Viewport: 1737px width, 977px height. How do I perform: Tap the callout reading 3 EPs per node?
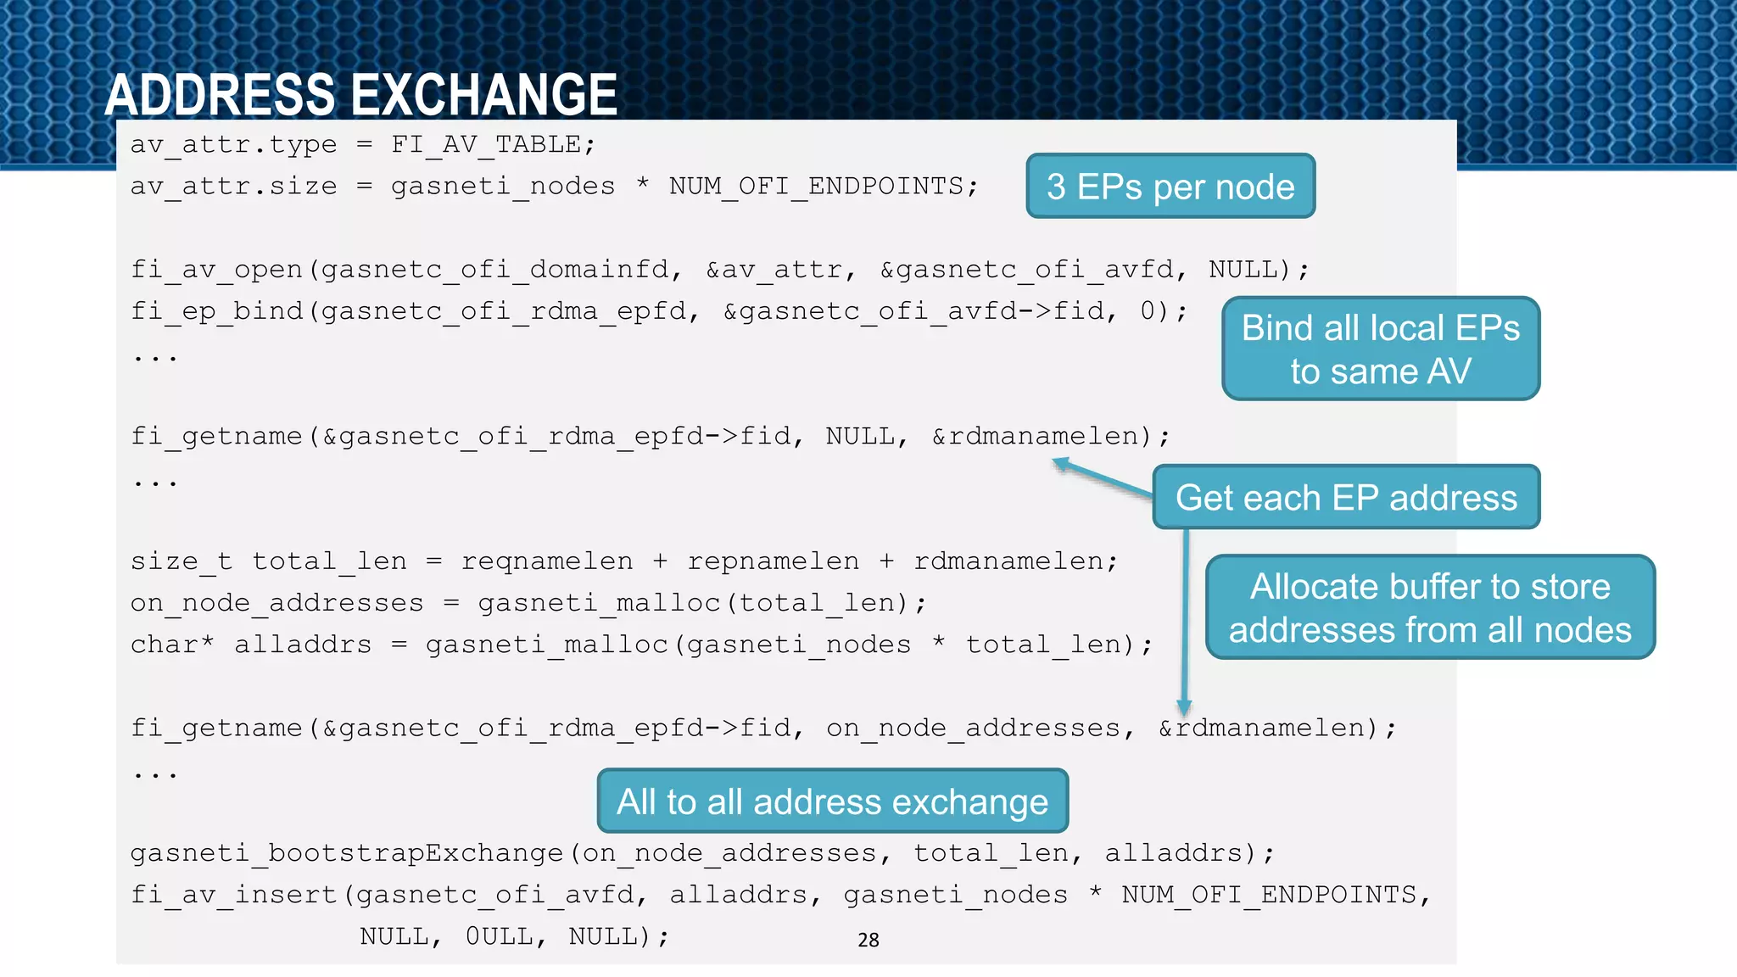[1170, 187]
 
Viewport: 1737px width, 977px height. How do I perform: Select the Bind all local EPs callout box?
[1380, 349]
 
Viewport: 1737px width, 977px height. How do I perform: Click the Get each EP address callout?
[1346, 498]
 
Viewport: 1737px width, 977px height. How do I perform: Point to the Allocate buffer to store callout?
[1430, 607]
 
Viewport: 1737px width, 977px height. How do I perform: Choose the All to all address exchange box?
[832, 801]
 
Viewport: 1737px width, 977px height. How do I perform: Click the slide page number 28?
[868, 940]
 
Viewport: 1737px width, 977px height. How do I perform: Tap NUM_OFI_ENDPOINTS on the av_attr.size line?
[816, 186]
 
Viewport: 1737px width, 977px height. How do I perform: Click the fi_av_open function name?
[218, 270]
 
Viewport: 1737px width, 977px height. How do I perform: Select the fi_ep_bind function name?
[218, 311]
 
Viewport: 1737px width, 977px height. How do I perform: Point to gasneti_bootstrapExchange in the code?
[347, 852]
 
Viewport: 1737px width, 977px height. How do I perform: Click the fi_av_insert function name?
[235, 895]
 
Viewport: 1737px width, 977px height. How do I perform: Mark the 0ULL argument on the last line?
[499, 936]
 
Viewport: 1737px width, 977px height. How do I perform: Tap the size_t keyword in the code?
[181, 561]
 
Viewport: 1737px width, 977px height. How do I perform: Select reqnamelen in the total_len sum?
[547, 561]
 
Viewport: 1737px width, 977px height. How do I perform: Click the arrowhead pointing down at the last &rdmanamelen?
[1184, 708]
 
